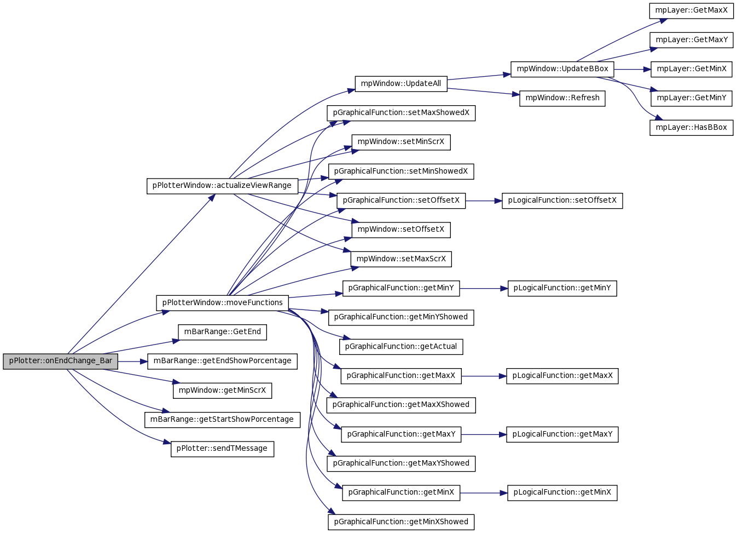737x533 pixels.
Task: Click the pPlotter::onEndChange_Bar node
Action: coord(61,362)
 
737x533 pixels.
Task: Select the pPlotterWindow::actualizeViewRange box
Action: coord(223,186)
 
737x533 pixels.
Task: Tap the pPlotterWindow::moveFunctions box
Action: coord(223,303)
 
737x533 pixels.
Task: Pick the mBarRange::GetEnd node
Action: coord(223,333)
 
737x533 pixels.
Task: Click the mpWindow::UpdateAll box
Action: coord(401,84)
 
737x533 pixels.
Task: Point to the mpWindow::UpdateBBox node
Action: coord(562,70)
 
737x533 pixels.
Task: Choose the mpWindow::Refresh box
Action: coord(562,99)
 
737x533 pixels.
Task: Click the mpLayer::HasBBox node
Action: coord(692,128)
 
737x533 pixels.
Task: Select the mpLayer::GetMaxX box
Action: coord(692,11)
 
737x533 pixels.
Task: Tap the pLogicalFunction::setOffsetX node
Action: coord(562,200)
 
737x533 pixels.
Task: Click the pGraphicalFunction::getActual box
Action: coord(401,347)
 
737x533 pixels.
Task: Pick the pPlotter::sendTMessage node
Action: coord(223,449)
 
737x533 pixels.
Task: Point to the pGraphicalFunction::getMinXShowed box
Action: coord(401,522)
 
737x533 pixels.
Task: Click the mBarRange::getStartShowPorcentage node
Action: coord(223,420)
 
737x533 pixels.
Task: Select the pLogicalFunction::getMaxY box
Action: coord(562,434)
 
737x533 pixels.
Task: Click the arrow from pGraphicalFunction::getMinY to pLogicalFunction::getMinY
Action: coord(484,289)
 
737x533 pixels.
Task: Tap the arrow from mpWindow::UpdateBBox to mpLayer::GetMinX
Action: coord(632,70)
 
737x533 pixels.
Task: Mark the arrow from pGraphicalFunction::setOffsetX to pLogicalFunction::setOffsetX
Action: coord(484,200)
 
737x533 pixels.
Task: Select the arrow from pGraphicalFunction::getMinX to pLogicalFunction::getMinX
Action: coord(484,493)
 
